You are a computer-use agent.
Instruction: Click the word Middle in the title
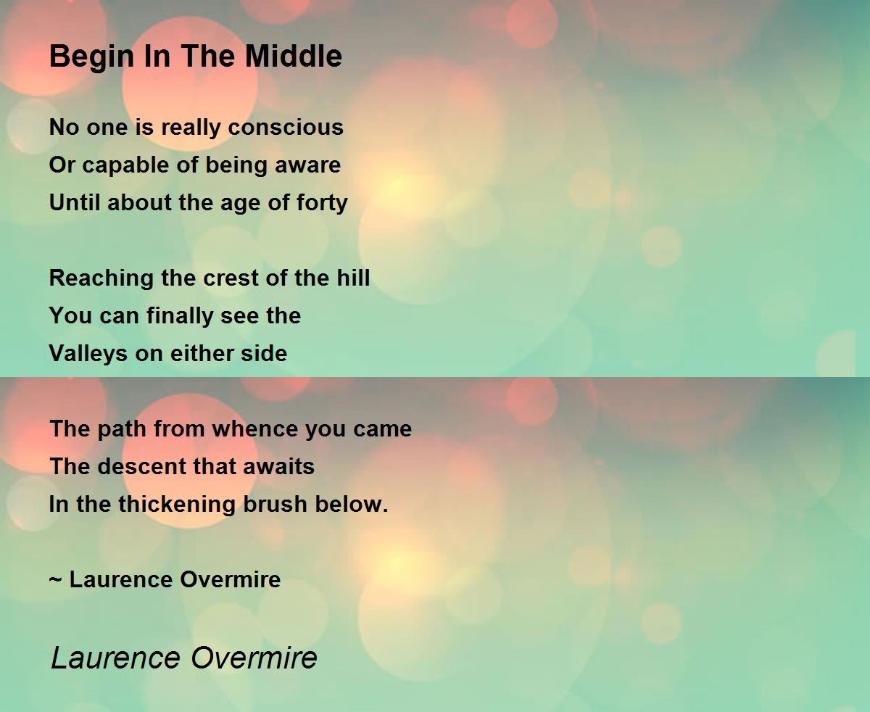[294, 56]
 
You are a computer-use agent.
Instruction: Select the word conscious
[286, 127]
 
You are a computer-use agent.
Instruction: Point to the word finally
[179, 317]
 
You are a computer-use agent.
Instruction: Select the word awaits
[278, 466]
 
